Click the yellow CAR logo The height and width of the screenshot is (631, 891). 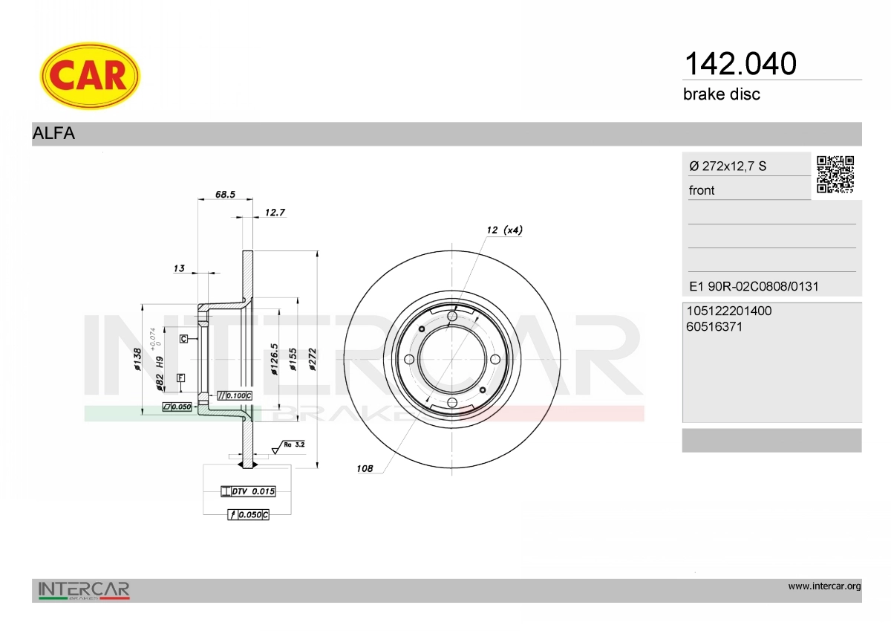tap(90, 76)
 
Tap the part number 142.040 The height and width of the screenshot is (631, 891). tap(740, 64)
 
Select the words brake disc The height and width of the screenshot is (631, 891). tap(722, 94)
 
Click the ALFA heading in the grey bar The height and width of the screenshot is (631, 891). tap(53, 133)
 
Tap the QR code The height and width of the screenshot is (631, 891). tap(835, 175)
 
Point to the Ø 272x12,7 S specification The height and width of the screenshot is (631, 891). tap(728, 166)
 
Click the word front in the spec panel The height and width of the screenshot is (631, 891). tap(702, 190)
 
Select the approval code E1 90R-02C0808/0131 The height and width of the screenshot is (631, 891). tap(754, 286)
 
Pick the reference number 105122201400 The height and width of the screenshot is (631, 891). tap(728, 311)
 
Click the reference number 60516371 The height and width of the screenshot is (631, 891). tap(714, 327)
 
